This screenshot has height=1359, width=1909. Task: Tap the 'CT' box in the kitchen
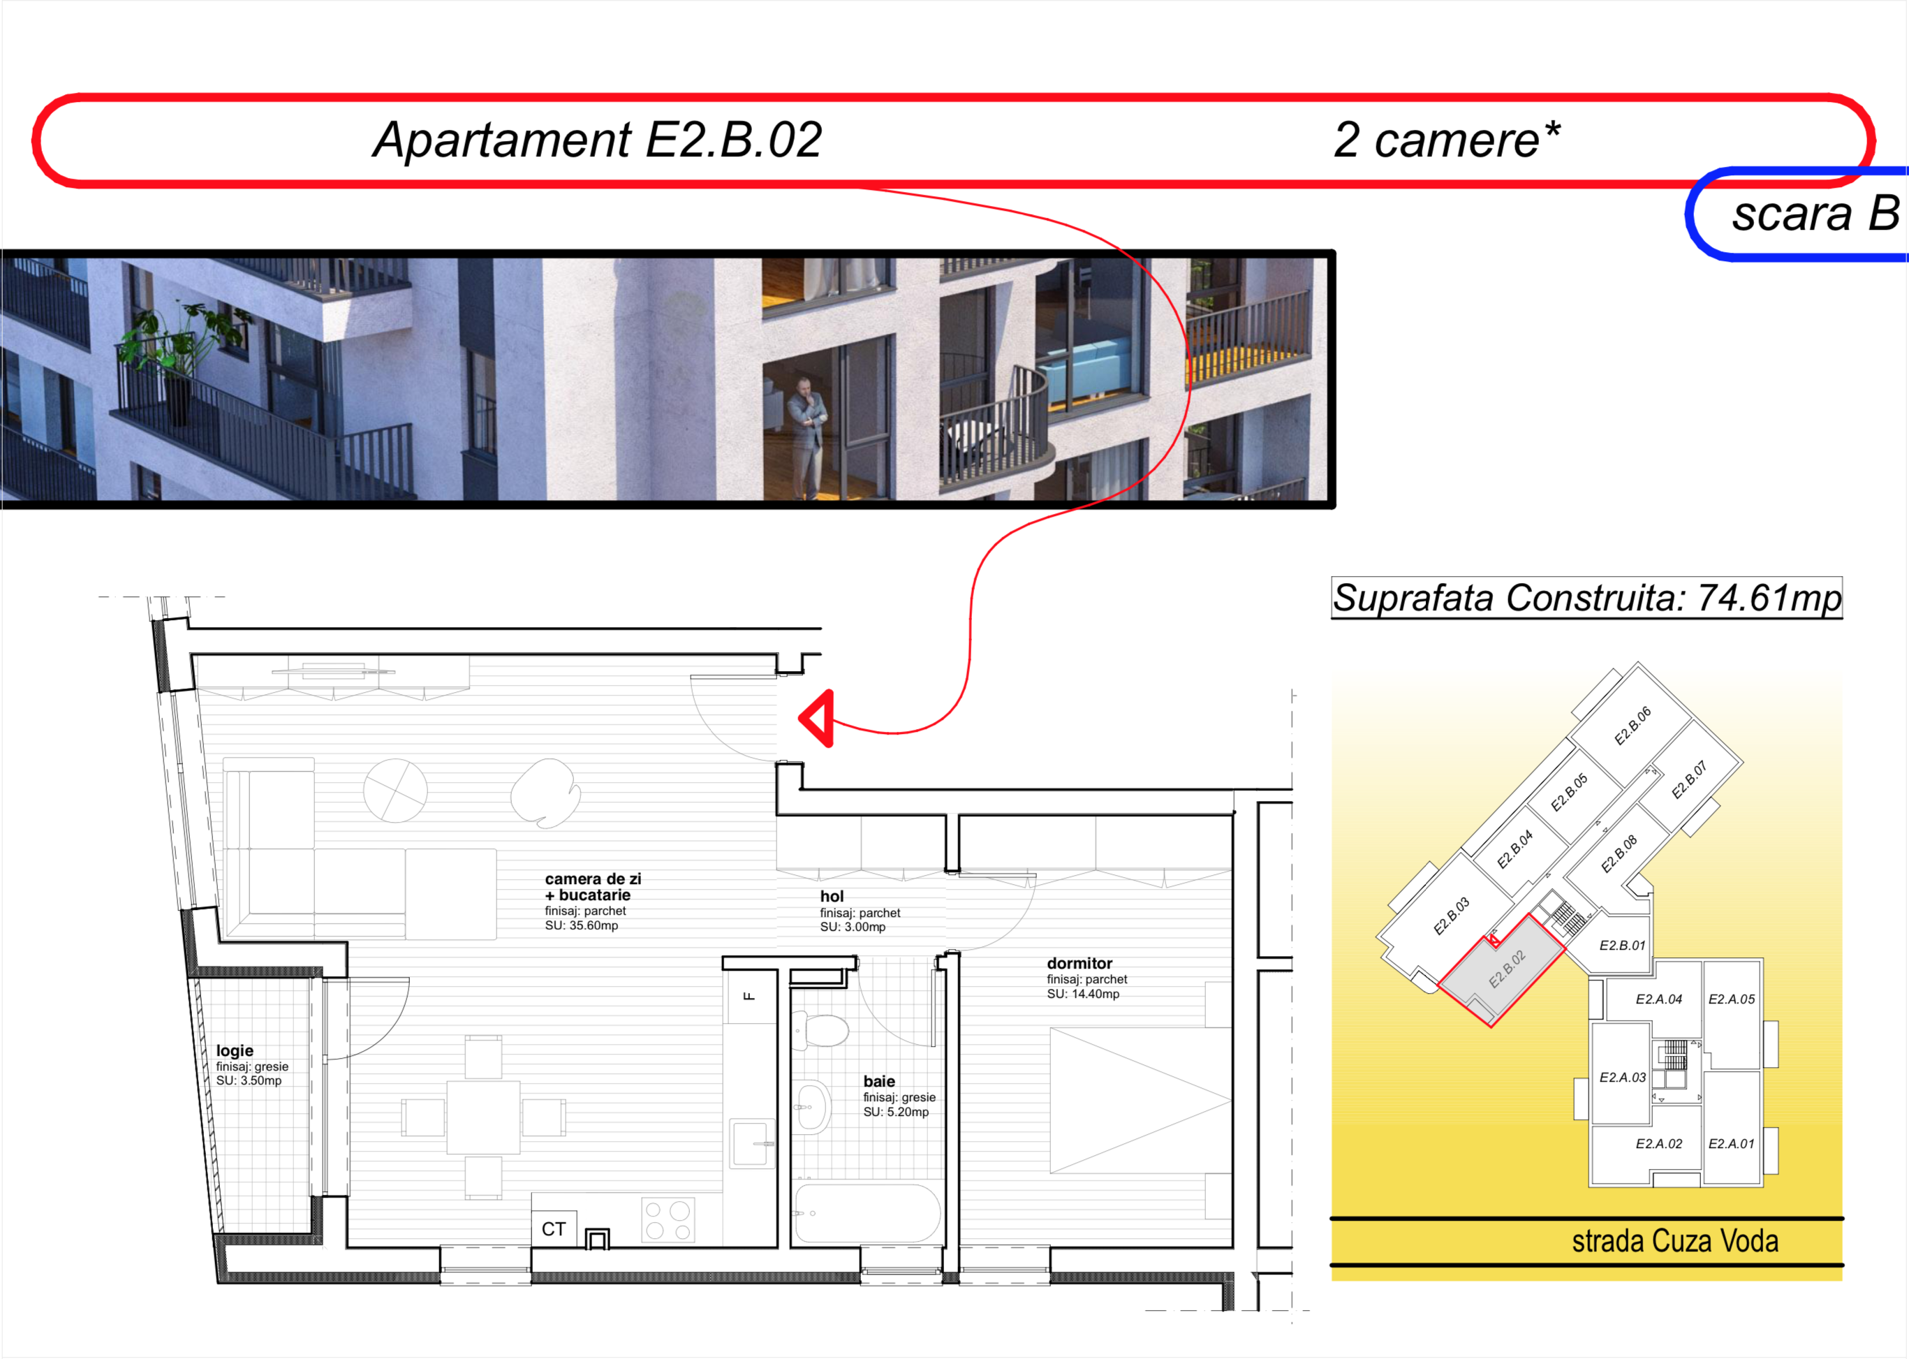[554, 1229]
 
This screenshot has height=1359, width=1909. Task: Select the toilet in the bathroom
[820, 1031]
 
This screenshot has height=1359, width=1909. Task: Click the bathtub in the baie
[867, 1214]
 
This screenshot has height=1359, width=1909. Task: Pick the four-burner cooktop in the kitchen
[668, 1220]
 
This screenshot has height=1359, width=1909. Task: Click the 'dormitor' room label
[1079, 963]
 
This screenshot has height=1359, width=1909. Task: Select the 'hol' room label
[832, 896]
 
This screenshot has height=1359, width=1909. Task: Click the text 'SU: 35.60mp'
[582, 925]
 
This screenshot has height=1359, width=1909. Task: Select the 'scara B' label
[1816, 214]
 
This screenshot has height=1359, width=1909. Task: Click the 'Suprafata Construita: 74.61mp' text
[1587, 598]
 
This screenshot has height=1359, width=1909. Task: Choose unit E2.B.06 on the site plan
[1632, 726]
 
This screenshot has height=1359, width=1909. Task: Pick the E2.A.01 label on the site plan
[1732, 1143]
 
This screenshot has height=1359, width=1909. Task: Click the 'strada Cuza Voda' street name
[1675, 1241]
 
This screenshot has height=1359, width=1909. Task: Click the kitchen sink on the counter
[752, 1144]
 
